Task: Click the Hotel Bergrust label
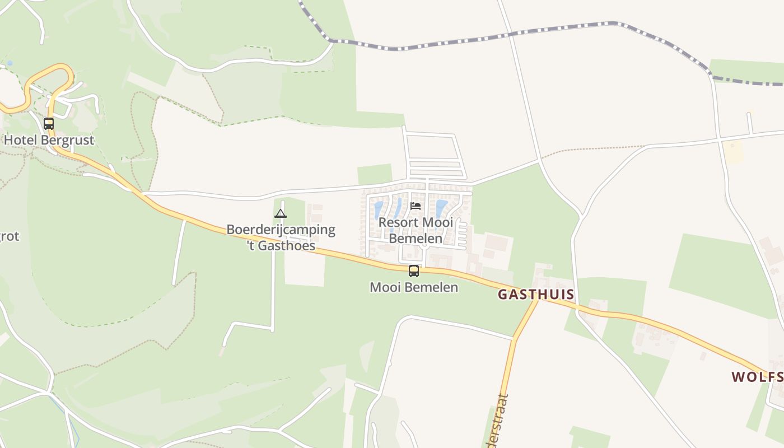coord(49,139)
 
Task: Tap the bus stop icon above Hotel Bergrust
coord(49,124)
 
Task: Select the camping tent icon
coord(281,213)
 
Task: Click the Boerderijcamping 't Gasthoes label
coord(281,237)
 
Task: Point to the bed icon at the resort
coord(416,206)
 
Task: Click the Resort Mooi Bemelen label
coord(415,230)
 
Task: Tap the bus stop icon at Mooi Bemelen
coord(414,271)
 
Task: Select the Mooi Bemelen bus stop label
coord(414,287)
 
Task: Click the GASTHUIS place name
coord(536,294)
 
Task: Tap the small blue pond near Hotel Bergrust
coord(9,63)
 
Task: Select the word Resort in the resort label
coord(398,222)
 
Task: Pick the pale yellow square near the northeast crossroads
coord(732,151)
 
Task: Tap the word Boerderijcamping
coord(281,230)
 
